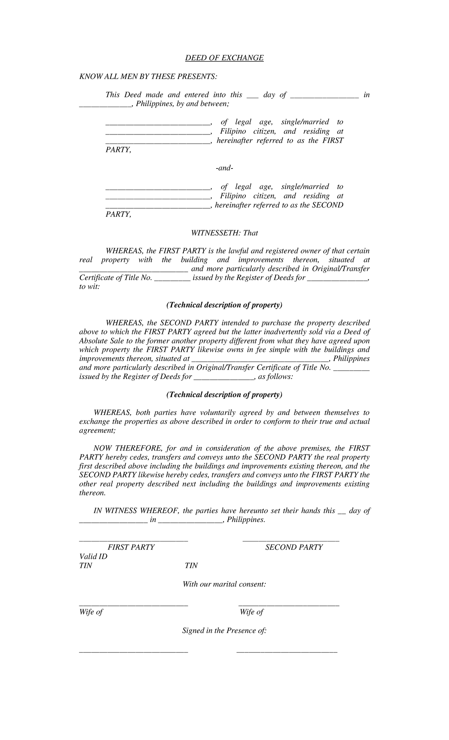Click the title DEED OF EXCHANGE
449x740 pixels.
[224, 58]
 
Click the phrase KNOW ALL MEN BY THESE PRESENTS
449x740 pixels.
[148, 77]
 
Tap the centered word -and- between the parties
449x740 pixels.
[224, 169]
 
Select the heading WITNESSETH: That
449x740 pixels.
[224, 233]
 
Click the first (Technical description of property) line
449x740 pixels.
[224, 305]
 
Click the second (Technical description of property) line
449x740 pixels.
[224, 395]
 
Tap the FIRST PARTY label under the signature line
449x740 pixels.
[131, 548]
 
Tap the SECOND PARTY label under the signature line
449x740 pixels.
[294, 548]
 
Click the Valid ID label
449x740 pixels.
[93, 556]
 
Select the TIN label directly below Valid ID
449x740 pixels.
[86, 566]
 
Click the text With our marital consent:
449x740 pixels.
[224, 584]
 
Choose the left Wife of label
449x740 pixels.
[91, 612]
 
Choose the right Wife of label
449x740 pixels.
[251, 612]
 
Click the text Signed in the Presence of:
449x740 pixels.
[224, 631]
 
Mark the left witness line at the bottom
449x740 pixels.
[133, 652]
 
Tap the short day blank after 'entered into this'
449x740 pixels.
[253, 97]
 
